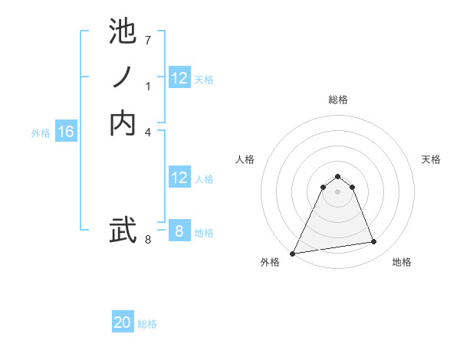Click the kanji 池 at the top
[x=123, y=32]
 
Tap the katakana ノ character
[x=123, y=77]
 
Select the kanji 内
[x=123, y=123]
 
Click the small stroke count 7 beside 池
[x=148, y=40]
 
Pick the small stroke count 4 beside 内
[x=148, y=132]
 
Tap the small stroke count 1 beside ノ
[x=148, y=86]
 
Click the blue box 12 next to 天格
[x=179, y=78]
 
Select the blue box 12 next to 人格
[x=179, y=178]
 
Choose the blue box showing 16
[x=66, y=132]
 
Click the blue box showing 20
[x=123, y=322]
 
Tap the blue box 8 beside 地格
[x=179, y=231]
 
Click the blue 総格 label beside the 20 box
[x=147, y=324]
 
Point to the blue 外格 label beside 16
[x=41, y=133]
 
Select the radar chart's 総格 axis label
[x=337, y=100]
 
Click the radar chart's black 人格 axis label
[x=245, y=159]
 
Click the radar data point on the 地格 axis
[x=374, y=242]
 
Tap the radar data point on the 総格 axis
[x=337, y=177]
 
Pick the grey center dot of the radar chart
[x=337, y=191]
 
